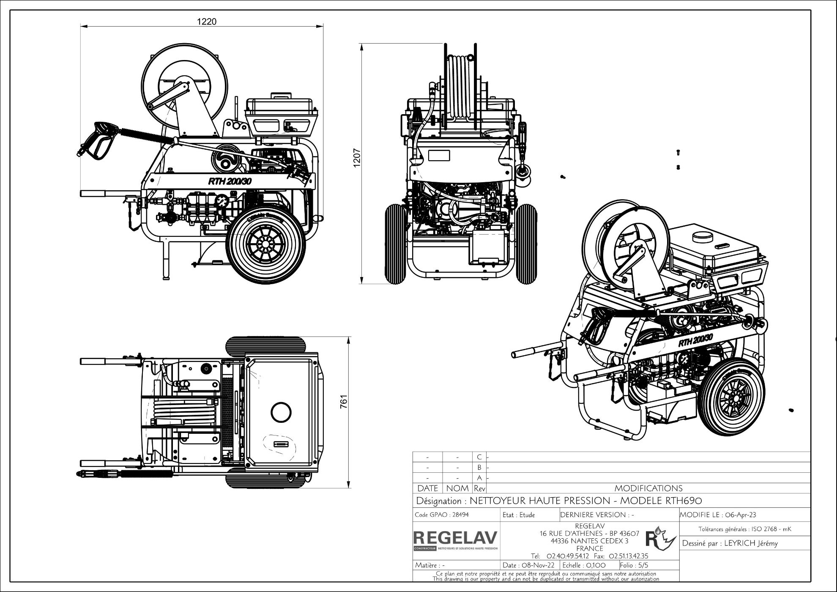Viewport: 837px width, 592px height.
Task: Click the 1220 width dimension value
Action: pos(207,22)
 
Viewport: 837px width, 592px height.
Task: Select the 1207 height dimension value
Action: pos(356,158)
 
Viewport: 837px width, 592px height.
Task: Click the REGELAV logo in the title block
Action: pos(456,538)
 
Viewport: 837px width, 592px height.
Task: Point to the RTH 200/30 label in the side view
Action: pos(230,181)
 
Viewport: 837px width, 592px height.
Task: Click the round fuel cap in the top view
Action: pos(281,411)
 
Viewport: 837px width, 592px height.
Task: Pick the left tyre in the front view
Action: pos(395,244)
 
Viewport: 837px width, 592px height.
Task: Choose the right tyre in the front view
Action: pos(527,244)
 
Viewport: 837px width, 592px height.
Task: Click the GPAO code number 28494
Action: pos(460,515)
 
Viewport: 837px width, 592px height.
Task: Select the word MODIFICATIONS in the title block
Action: pos(648,488)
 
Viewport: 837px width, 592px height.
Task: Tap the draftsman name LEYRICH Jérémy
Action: pos(751,543)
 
